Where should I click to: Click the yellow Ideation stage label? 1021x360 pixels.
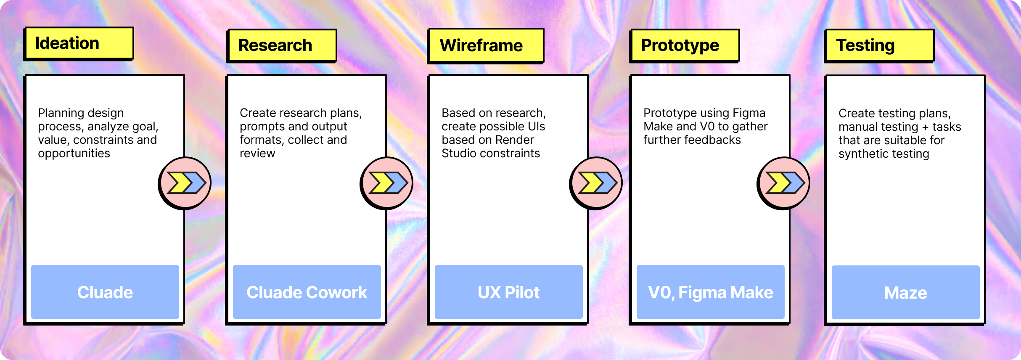pyautogui.click(x=79, y=43)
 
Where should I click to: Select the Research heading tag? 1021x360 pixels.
pyautogui.click(x=282, y=45)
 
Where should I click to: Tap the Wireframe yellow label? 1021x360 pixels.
pyautogui.click(x=486, y=45)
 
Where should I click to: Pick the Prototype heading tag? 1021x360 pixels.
pyautogui.click(x=685, y=45)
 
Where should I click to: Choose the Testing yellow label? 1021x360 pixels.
pyautogui.click(x=879, y=45)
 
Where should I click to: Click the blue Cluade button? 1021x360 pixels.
pyautogui.click(x=105, y=292)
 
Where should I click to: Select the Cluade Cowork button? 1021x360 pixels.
pyautogui.click(x=307, y=292)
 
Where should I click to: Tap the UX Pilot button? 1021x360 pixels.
pyautogui.click(x=509, y=292)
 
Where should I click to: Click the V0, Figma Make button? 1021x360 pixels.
pyautogui.click(x=711, y=292)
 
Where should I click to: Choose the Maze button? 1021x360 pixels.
pyautogui.click(x=906, y=292)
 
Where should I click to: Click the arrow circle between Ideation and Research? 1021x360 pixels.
pyautogui.click(x=185, y=183)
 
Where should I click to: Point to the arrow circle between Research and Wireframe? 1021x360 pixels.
pyautogui.click(x=387, y=183)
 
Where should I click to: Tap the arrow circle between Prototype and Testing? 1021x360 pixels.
pyautogui.click(x=784, y=183)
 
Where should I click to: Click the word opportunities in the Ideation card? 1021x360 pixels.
pyautogui.click(x=74, y=154)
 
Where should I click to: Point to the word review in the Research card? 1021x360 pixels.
pyautogui.click(x=257, y=154)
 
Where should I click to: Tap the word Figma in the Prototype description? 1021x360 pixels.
pyautogui.click(x=749, y=113)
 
